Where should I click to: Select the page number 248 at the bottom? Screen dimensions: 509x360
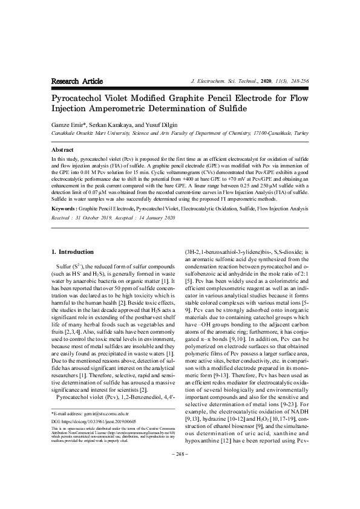(180, 487)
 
